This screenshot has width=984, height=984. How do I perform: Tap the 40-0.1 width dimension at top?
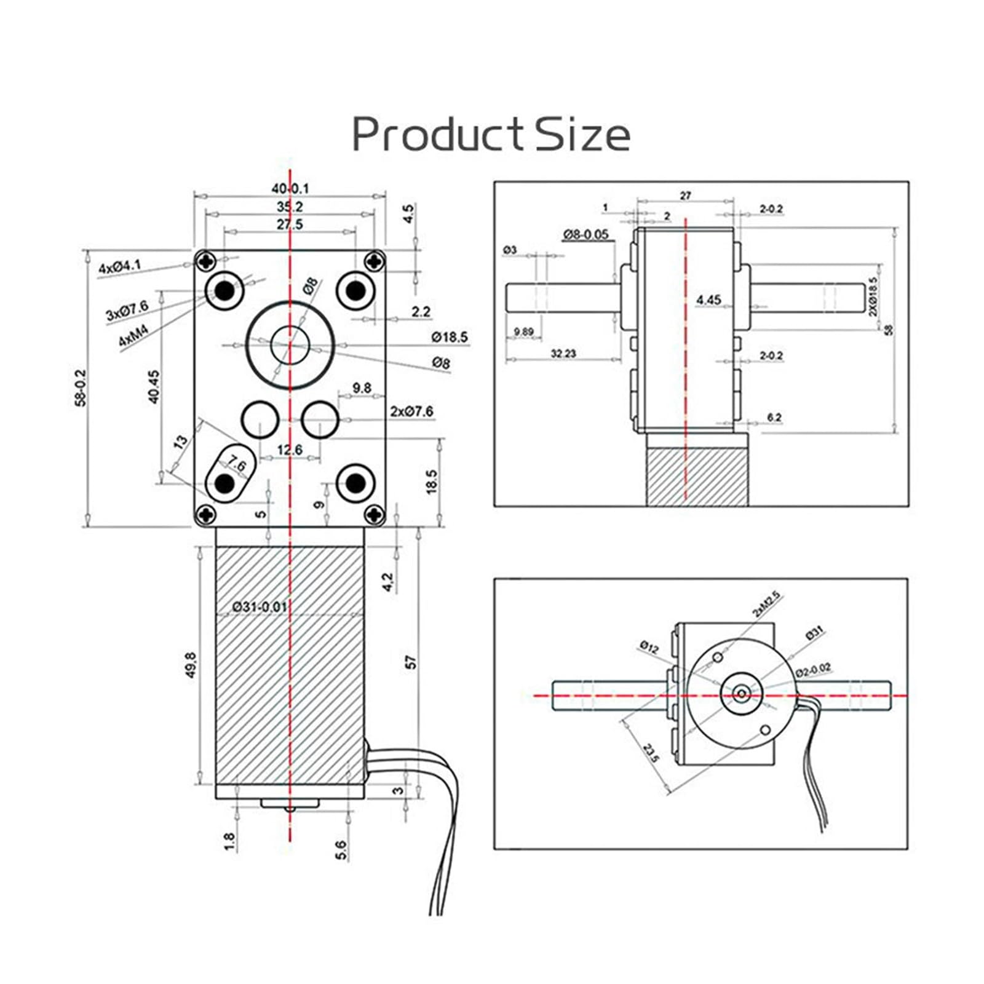(x=290, y=189)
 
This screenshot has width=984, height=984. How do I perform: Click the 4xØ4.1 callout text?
(x=120, y=267)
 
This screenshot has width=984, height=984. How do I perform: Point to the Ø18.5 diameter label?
(x=449, y=337)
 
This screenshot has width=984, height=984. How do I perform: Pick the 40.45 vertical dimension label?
(x=154, y=386)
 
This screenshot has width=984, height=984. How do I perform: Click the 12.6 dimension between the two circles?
(x=289, y=450)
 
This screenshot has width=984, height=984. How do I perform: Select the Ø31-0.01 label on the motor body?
(x=260, y=606)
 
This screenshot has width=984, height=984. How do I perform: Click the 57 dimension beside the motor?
(x=411, y=662)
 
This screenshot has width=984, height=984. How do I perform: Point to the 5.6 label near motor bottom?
(x=342, y=850)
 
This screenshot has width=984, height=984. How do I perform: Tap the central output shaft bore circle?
(x=290, y=345)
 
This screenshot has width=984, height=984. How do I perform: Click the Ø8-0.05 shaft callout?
(x=585, y=234)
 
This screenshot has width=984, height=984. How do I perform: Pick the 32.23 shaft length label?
(x=563, y=354)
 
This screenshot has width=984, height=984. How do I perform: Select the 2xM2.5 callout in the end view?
(x=765, y=604)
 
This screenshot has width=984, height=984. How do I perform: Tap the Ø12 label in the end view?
(x=649, y=646)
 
